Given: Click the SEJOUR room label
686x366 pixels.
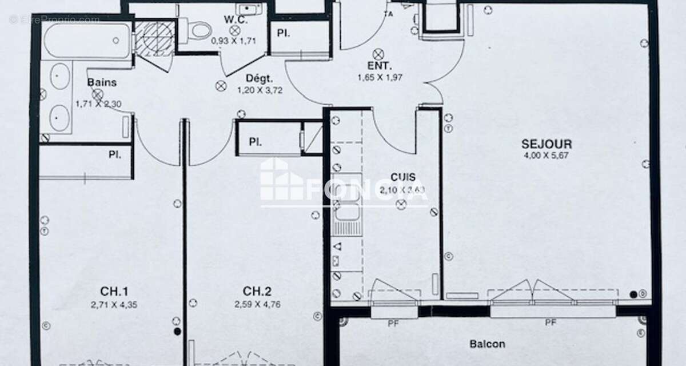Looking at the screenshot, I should click(x=547, y=144).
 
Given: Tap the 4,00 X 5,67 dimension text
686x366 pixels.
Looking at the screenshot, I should click(x=547, y=155).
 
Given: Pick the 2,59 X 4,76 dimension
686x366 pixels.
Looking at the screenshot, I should click(x=257, y=305).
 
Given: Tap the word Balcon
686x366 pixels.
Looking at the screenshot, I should click(x=487, y=344).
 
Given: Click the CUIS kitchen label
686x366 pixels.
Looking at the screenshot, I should click(x=403, y=178).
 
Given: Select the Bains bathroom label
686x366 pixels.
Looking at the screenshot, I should click(x=102, y=82).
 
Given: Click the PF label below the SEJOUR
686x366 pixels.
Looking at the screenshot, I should click(x=551, y=323).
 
